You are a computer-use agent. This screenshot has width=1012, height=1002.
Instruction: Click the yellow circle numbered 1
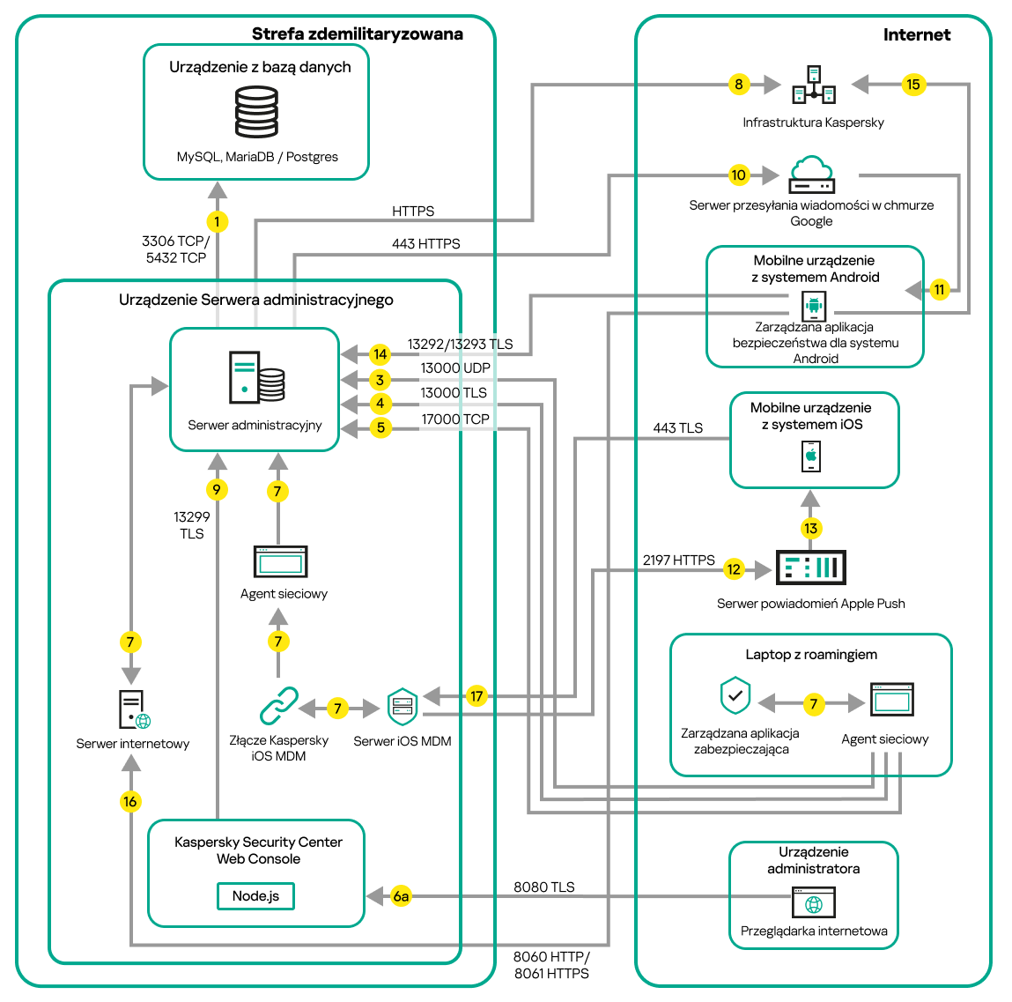217,222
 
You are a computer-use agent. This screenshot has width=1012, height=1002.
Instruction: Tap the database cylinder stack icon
256,112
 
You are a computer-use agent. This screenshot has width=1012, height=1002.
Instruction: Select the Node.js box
255,896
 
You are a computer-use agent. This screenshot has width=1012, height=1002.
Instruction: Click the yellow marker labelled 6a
401,896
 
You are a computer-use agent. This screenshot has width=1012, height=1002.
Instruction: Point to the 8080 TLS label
543,887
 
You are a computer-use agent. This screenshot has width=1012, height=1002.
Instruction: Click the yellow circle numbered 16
130,801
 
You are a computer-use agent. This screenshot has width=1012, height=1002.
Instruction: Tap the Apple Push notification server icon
810,568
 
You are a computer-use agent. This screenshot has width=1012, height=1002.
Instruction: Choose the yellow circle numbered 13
810,528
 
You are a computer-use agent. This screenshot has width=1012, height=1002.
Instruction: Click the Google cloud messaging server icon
811,175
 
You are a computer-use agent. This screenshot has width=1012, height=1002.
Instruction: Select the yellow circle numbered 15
912,85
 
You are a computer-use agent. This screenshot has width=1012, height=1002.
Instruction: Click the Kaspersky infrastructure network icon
814,85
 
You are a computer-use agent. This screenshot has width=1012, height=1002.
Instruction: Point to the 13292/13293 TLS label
460,345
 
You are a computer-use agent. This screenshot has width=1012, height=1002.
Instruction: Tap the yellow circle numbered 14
380,354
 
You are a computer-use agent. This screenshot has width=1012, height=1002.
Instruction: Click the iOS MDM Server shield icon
403,707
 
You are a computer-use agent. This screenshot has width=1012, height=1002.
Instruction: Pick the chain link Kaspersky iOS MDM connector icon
278,707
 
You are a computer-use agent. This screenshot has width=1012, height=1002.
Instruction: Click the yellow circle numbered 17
476,696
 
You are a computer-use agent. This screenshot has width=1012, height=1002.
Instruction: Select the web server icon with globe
134,709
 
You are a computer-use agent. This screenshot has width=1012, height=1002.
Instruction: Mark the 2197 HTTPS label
678,560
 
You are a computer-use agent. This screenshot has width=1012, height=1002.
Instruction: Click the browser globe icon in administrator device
814,903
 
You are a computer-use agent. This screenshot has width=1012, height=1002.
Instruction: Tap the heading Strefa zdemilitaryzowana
357,34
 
